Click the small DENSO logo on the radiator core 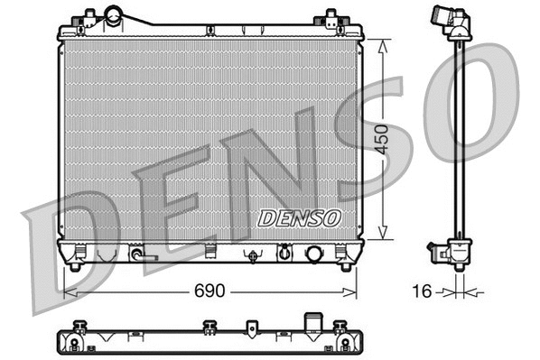pyautogui.click(x=298, y=217)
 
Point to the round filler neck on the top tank pyautogui.click(x=114, y=15)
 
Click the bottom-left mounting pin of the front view pyautogui.click(x=76, y=264)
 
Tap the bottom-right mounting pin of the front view pyautogui.click(x=344, y=264)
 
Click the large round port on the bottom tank pyautogui.click(x=314, y=253)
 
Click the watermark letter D pyautogui.click(x=72, y=248)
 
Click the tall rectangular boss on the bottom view pyautogui.click(x=314, y=322)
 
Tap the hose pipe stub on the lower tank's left pyautogui.click(x=139, y=255)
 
